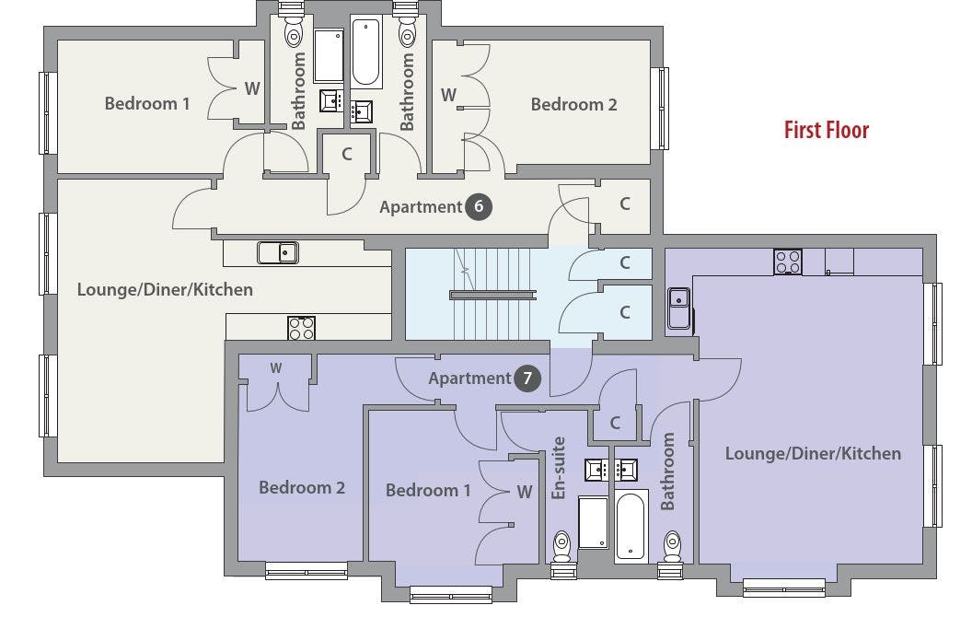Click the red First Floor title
pos(827,130)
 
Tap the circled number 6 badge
pos(479,206)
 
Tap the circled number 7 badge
pos(527,378)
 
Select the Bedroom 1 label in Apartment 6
pos(147,103)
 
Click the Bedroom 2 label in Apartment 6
pos(574,104)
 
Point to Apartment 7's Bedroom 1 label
pos(428,491)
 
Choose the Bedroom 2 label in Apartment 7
pos(302,487)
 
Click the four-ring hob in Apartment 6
pos(301,328)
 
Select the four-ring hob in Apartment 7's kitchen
pos(787,262)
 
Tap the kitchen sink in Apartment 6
pos(278,253)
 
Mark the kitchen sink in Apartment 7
pos(678,308)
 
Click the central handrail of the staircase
pos(493,296)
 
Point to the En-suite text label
pos(559,468)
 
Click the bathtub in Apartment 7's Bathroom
pos(631,526)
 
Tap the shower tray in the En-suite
pos(594,522)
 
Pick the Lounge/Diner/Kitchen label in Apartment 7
pos(814,453)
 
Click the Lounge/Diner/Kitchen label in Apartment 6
pos(165,289)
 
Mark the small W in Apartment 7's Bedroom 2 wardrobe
pos(276,367)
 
